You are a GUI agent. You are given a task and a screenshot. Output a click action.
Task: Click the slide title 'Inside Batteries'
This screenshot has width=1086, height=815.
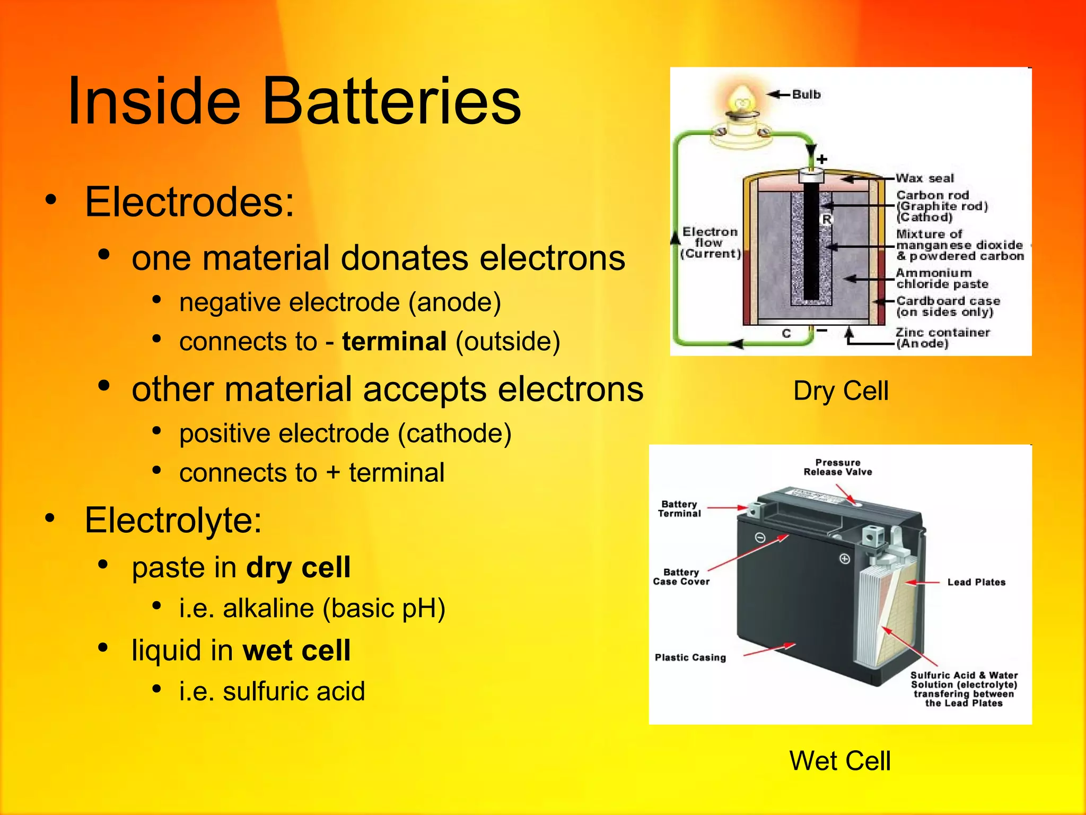[x=294, y=101]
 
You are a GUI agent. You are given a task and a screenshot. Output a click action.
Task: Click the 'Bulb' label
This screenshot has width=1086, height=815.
[x=806, y=94]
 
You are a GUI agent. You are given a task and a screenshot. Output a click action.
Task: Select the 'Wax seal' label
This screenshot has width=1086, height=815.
[x=925, y=178]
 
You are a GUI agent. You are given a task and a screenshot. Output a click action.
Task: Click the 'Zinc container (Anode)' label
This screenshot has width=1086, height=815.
[x=942, y=338]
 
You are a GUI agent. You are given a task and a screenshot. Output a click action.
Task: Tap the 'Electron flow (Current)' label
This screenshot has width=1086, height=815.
[x=710, y=242]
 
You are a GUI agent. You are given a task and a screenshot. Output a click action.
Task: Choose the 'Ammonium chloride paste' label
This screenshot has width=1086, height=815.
[x=942, y=279]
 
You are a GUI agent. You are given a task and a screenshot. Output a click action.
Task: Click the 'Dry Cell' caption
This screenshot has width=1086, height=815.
[x=840, y=391]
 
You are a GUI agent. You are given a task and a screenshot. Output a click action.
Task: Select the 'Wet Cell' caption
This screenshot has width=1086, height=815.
[x=840, y=760]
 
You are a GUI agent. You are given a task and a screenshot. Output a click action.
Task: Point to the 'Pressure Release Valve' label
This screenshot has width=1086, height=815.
[x=837, y=467]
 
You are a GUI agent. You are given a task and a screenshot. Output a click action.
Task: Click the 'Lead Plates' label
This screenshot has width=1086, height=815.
[x=976, y=582]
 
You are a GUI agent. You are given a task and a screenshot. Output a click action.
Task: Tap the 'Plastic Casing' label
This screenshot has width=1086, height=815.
[x=690, y=657]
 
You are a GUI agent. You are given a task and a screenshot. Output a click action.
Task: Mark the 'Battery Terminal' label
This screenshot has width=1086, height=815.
[x=679, y=509]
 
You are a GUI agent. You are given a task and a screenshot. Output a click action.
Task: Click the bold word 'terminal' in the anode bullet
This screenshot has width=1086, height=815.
[x=394, y=341]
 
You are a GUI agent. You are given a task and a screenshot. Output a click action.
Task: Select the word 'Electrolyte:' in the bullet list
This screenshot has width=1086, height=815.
[x=173, y=520]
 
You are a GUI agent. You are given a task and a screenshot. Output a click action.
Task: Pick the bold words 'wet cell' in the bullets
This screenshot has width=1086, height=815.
[x=296, y=651]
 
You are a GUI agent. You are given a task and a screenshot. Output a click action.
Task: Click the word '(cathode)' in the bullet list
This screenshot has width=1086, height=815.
[x=454, y=433]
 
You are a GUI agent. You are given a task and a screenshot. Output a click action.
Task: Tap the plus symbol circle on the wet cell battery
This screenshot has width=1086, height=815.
[x=845, y=559]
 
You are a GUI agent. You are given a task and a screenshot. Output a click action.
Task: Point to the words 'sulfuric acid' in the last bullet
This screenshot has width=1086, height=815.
[x=294, y=691]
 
